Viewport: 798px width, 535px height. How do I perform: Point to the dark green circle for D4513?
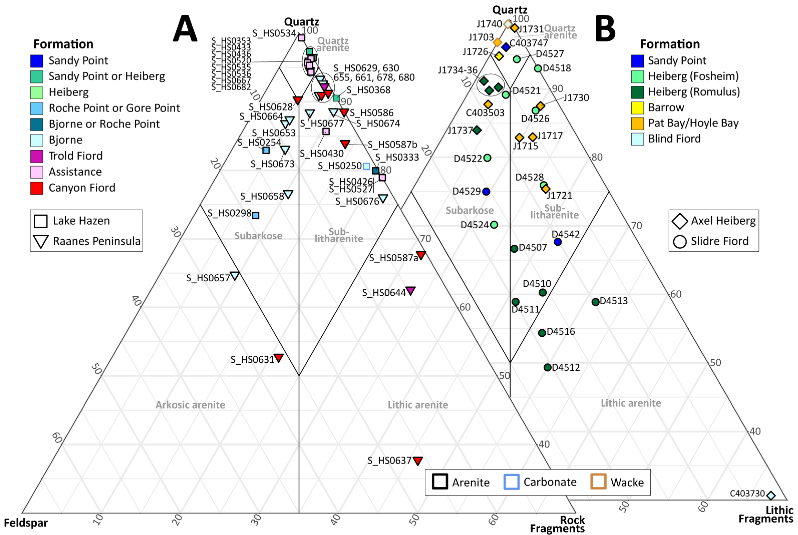[x=596, y=302]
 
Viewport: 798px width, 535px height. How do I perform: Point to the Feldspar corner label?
[x=26, y=523]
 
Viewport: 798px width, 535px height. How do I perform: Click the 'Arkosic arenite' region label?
[x=190, y=405]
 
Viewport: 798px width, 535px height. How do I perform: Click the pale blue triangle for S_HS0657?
[x=235, y=275]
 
